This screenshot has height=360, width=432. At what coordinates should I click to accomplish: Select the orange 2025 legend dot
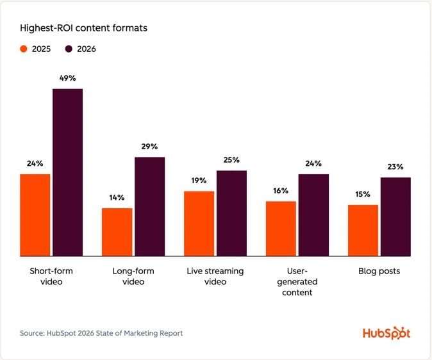pos(24,49)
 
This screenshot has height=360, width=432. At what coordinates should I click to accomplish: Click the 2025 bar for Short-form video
pos(35,215)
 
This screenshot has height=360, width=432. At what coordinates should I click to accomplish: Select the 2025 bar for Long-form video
pos(117,232)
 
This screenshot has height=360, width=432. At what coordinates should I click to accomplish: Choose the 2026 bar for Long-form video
pos(149,207)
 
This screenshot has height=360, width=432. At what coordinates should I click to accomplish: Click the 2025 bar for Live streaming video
pos(199,224)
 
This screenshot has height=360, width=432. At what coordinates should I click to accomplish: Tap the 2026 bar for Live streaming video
pos(231,213)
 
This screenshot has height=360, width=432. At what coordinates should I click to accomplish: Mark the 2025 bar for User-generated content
pos(281,229)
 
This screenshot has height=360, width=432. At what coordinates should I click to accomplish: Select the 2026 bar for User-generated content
pos(313,215)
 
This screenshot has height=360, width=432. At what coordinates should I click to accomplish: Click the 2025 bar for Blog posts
pos(363,231)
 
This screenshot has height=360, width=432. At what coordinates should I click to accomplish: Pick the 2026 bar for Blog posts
pos(395,217)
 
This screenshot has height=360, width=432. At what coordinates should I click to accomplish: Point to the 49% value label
pos(68,78)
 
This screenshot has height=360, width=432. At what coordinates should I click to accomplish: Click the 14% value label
pos(117,198)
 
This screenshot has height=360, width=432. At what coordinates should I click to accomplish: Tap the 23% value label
pos(395,167)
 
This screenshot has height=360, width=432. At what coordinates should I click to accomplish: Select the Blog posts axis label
pos(379,271)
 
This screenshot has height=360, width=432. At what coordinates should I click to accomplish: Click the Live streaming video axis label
pos(215,276)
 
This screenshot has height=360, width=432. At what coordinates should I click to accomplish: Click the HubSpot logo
pos(386,333)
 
